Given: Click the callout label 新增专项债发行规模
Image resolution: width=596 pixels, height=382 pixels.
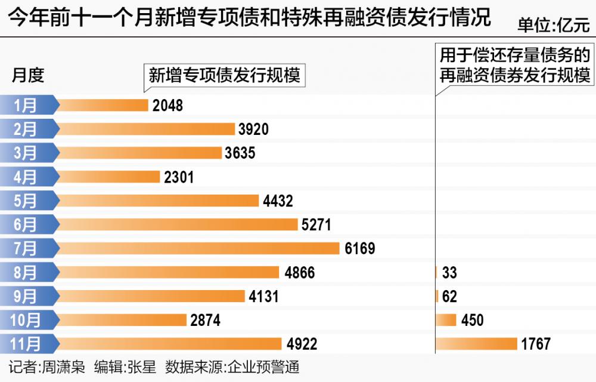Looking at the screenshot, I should pyautogui.click(x=224, y=76).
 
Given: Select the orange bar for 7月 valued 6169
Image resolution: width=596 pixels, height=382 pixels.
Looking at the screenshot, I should pyautogui.click(x=199, y=248).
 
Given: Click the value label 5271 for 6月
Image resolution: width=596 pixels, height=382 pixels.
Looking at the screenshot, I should pyautogui.click(x=316, y=224).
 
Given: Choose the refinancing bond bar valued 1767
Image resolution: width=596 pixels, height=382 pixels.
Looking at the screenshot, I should pyautogui.click(x=476, y=344).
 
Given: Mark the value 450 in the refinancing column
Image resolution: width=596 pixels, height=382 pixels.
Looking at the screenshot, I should pyautogui.click(x=472, y=320).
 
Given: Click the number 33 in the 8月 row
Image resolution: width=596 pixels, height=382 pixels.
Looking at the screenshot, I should pyautogui.click(x=449, y=273).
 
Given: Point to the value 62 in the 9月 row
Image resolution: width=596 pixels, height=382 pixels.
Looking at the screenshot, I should pyautogui.click(x=449, y=297).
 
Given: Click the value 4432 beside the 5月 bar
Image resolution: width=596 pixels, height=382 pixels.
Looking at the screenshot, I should pyautogui.click(x=278, y=201).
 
